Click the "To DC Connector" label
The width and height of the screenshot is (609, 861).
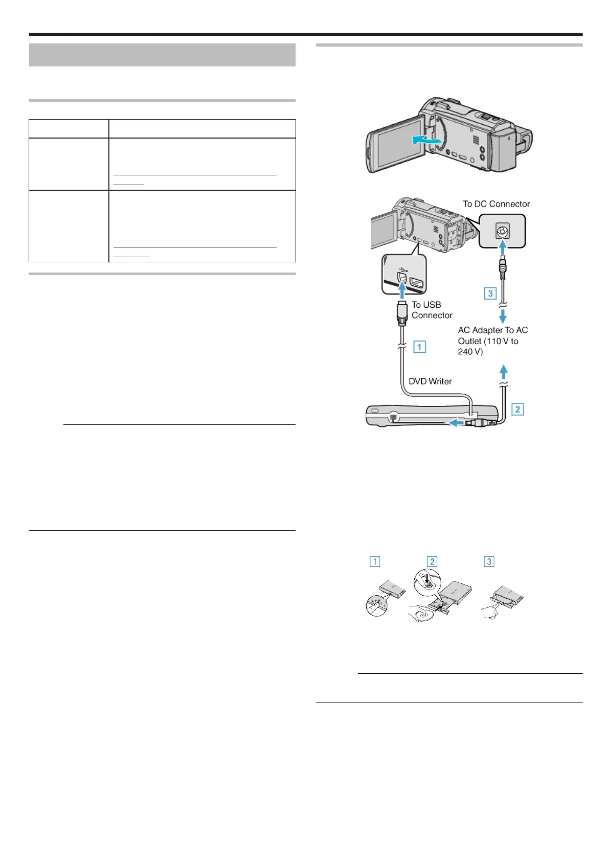496,204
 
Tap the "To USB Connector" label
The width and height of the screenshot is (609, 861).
432,310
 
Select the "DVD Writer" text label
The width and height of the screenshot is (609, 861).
430,381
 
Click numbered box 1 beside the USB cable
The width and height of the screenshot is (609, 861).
419,347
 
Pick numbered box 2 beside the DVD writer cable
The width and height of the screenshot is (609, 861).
517,409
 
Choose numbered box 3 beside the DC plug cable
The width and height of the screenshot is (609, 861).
490,293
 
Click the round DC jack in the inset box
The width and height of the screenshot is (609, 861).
502,231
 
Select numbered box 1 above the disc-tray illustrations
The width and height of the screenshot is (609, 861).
375,561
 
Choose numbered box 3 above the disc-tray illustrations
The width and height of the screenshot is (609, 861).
489,561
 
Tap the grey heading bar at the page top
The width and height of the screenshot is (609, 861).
162,55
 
